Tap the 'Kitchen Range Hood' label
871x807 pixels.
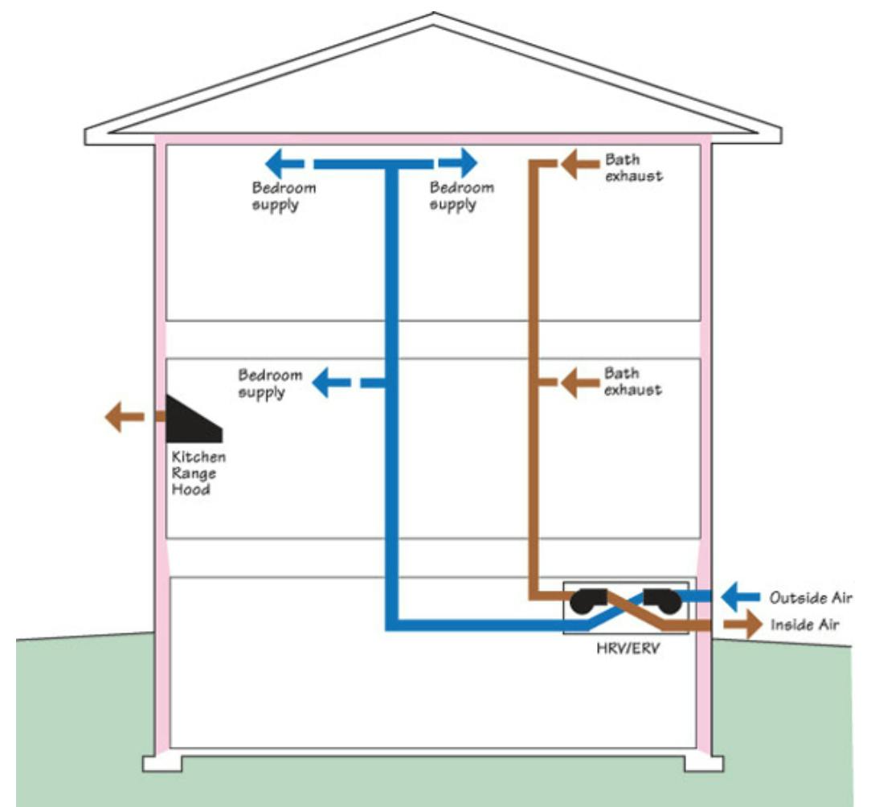tap(198, 473)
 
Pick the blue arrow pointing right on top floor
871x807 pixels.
tap(460, 164)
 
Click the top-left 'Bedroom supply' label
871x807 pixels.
tap(283, 196)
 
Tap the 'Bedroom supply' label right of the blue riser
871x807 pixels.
tap(461, 196)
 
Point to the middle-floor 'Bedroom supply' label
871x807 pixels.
tap(270, 384)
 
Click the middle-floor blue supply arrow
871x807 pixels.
tap(329, 383)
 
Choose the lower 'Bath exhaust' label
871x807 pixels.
tap(633, 382)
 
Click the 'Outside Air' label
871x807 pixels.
tap(811, 598)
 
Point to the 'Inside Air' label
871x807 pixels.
tap(805, 625)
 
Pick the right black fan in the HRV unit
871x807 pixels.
tap(661, 598)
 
